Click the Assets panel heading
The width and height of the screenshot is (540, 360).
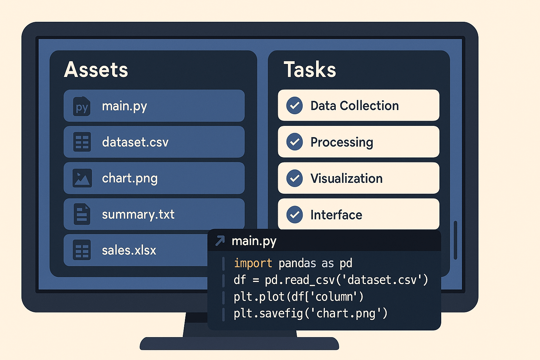96,70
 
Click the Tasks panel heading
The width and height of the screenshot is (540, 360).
310,70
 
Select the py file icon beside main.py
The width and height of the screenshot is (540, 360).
82,106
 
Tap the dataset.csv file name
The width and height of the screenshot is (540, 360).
135,142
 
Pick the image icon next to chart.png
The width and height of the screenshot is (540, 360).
82,178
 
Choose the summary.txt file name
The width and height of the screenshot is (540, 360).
138,214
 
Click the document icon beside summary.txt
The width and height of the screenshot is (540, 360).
82,214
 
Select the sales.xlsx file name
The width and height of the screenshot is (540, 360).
129,250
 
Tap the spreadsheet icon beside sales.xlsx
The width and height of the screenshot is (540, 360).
82,250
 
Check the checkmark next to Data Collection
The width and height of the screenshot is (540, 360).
295,105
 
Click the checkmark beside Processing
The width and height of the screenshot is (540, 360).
295,142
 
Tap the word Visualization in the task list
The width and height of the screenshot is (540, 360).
346,179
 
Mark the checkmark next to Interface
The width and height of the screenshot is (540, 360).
295,214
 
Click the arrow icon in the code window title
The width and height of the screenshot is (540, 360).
220,240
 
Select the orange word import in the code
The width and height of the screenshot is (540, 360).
253,263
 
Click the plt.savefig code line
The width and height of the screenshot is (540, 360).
310,314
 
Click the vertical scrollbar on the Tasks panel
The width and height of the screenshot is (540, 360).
455,240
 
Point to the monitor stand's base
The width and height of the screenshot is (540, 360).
239,343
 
